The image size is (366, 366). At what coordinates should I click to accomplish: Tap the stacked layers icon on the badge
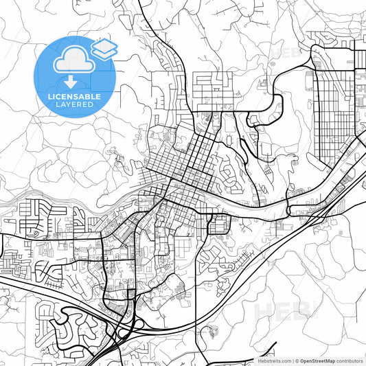(x=104, y=47)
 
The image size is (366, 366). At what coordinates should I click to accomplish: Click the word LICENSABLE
(x=74, y=97)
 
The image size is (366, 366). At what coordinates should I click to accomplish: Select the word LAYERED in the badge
(x=74, y=106)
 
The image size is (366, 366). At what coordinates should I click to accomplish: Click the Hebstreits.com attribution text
(x=273, y=360)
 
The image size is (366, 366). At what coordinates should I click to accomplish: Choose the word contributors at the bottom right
(x=350, y=360)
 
